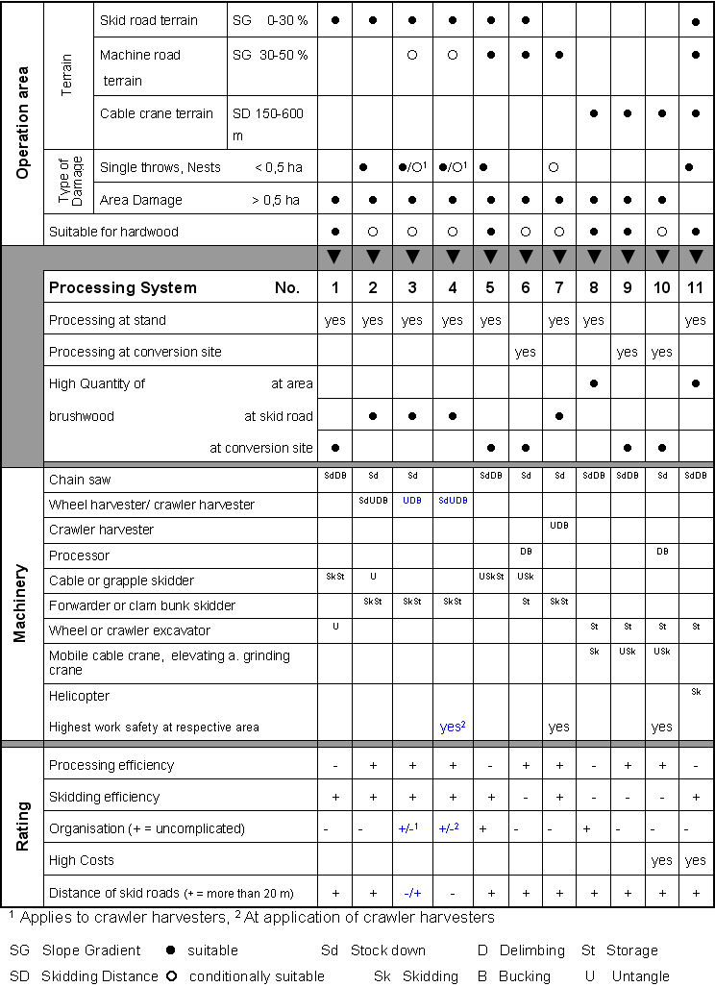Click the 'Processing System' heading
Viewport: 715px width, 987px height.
point(123,287)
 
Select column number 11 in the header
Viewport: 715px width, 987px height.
point(695,287)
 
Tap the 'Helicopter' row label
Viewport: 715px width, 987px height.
point(79,696)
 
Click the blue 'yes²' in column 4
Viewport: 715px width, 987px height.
point(453,727)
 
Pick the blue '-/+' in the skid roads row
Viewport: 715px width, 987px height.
point(412,893)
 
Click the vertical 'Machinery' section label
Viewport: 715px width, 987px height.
point(21,604)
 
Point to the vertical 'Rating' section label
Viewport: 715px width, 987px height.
point(21,827)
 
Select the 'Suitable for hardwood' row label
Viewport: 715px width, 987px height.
point(113,232)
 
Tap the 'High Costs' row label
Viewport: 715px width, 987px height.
point(81,860)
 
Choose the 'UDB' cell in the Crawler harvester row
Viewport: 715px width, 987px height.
point(559,526)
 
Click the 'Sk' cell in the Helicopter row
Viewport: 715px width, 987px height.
point(695,692)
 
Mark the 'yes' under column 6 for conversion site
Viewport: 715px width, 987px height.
point(525,352)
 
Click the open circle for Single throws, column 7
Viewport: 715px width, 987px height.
point(554,167)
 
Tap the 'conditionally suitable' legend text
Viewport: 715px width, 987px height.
point(257,976)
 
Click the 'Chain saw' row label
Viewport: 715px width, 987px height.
point(80,479)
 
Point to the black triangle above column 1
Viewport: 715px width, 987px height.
point(334,257)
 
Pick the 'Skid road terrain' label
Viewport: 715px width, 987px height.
point(149,20)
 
